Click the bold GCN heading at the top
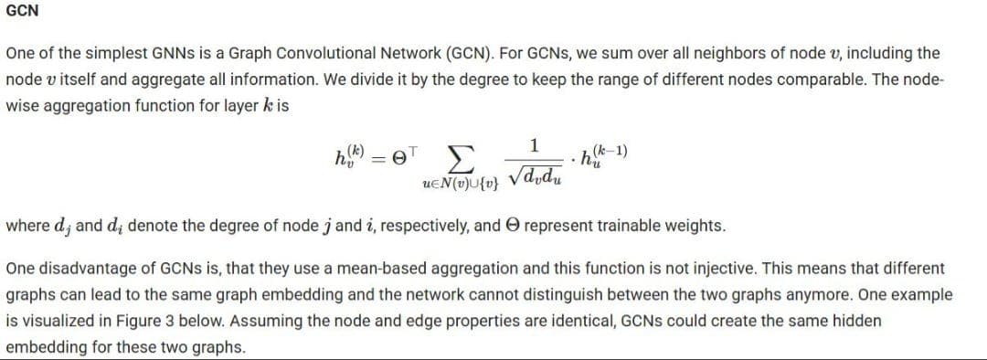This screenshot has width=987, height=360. (22, 12)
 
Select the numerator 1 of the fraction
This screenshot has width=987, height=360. (535, 144)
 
